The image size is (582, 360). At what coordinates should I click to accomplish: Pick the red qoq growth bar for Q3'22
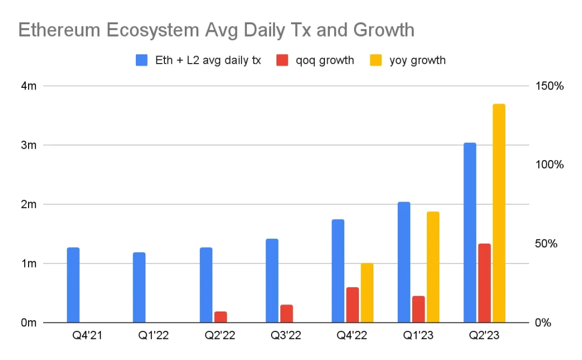(286, 314)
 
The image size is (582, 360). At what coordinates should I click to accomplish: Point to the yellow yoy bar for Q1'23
(433, 267)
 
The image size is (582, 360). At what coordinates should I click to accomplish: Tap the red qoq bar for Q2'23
(484, 283)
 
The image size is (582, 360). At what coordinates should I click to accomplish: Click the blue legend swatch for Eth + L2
(142, 60)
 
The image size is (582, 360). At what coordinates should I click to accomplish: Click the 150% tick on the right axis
(549, 86)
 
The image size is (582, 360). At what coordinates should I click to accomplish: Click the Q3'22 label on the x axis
(286, 336)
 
